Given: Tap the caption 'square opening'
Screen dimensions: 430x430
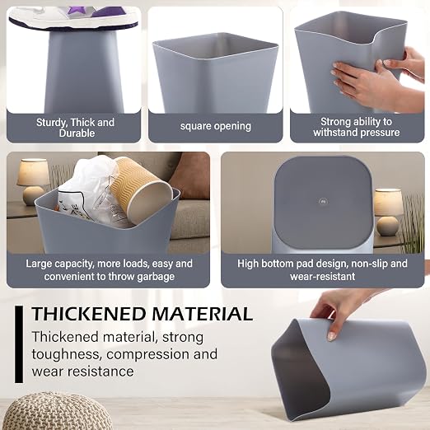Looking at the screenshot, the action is (x=216, y=126).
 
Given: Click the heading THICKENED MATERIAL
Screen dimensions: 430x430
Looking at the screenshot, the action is (x=142, y=314).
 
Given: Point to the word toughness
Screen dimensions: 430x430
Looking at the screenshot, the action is (x=65, y=354).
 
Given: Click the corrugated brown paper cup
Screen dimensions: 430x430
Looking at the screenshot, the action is (x=139, y=189).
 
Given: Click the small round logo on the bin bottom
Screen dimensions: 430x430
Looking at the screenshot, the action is (x=324, y=202).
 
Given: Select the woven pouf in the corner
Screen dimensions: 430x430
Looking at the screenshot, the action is (x=57, y=411).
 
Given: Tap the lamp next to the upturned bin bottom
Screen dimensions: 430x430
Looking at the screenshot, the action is (x=388, y=212).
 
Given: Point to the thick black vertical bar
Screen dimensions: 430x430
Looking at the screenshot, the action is (x=19, y=344).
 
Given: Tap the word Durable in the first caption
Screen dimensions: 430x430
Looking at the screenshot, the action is (x=77, y=133).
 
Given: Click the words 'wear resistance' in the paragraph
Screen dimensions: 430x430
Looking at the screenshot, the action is (x=82, y=372).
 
